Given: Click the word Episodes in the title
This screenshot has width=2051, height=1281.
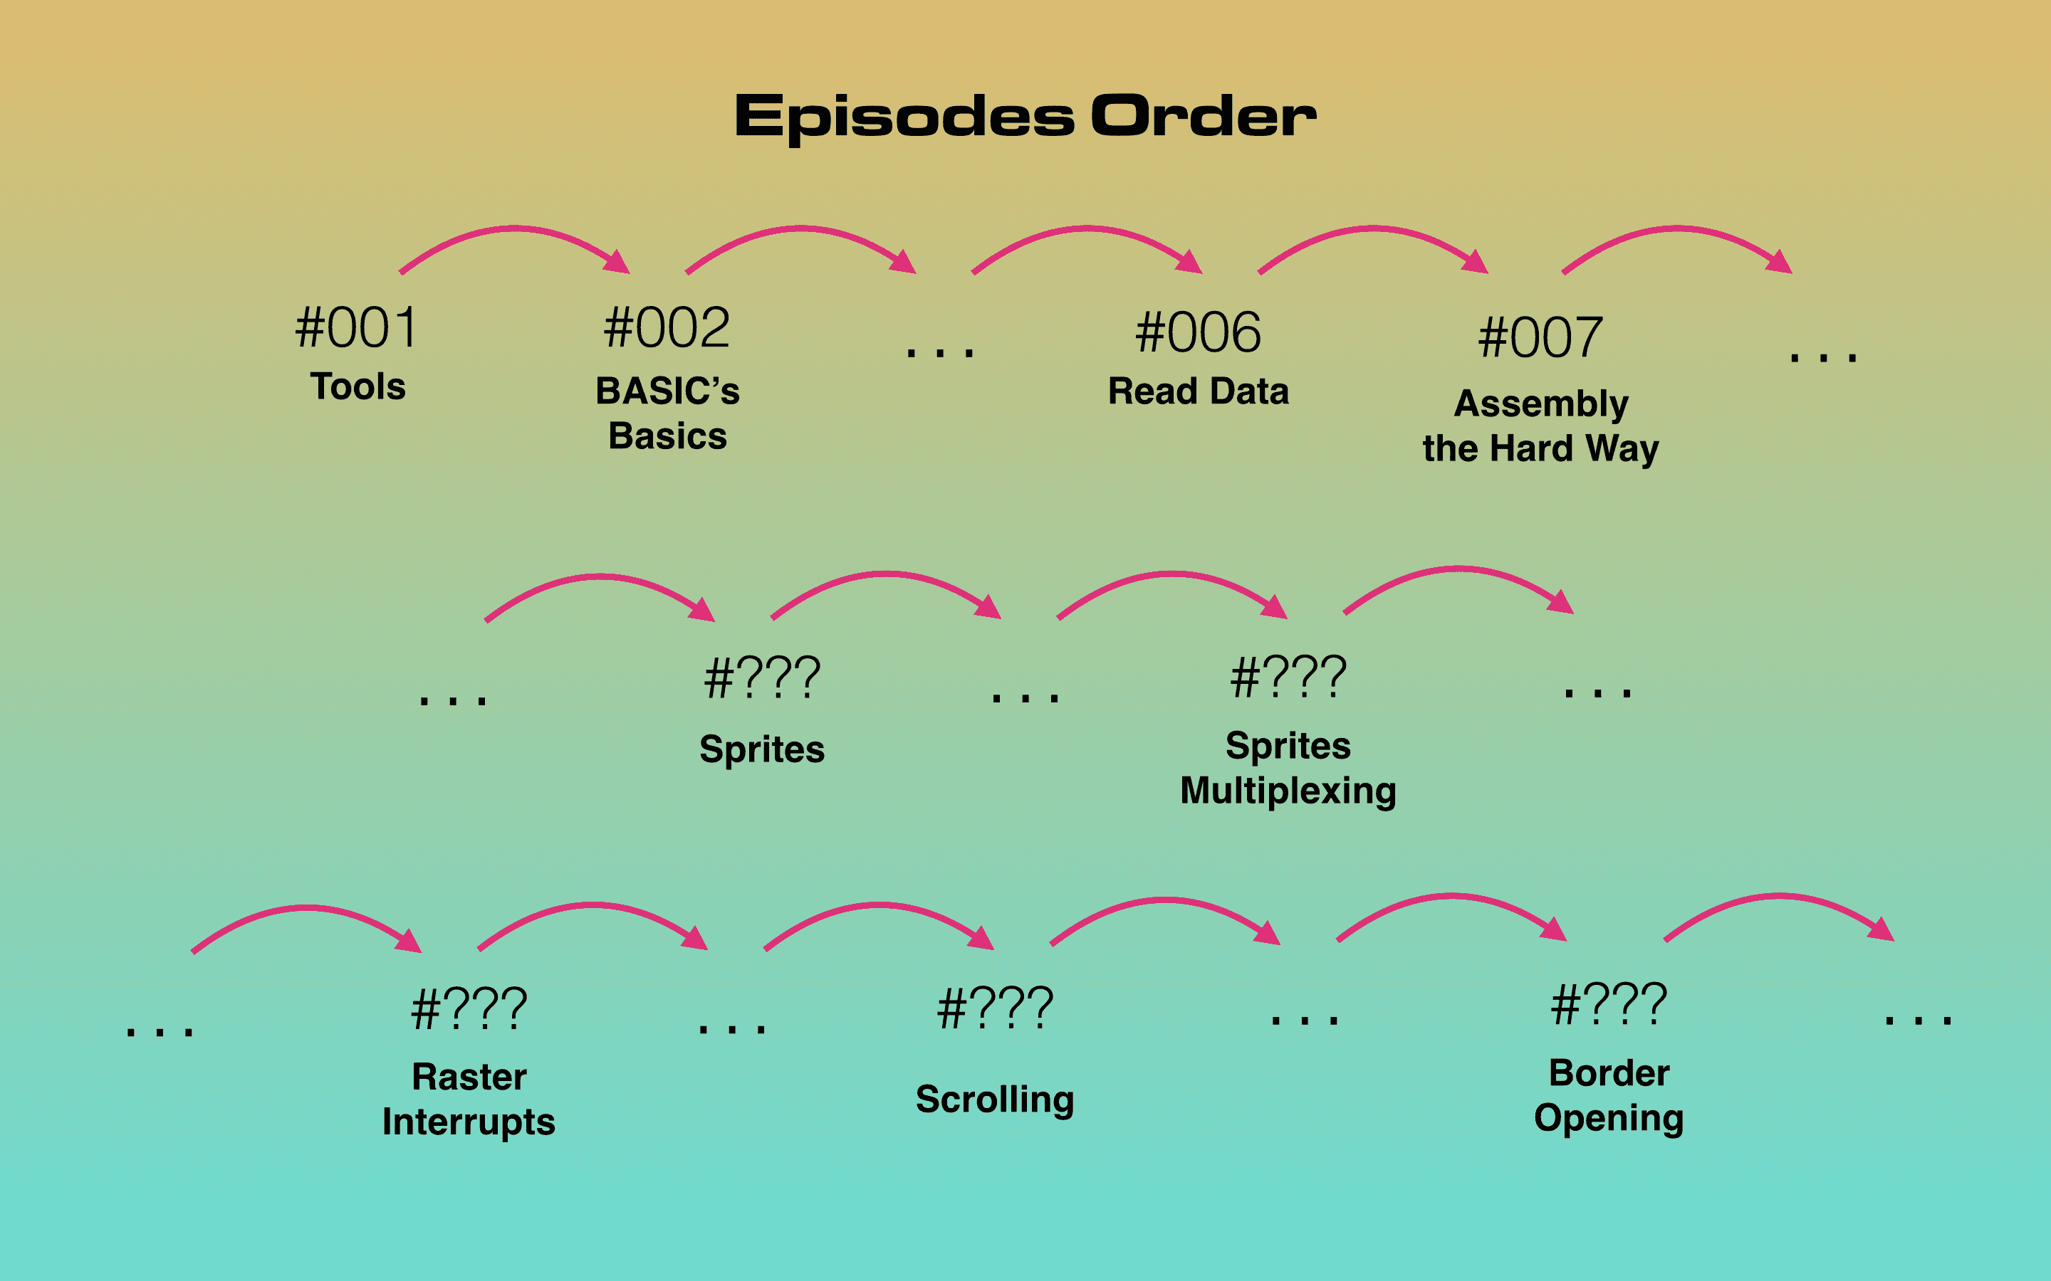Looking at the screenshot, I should (904, 117).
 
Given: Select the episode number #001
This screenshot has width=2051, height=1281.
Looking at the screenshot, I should (357, 329).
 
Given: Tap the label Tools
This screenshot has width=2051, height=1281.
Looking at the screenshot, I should (358, 386).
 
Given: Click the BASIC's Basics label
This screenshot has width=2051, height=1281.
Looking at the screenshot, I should (668, 413).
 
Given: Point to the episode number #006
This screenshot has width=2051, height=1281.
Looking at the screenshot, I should (1199, 332).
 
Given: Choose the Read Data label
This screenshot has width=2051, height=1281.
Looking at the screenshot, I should (1199, 391).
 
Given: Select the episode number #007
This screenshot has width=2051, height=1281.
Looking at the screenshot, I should (1541, 338).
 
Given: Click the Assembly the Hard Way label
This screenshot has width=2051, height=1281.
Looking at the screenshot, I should (1541, 426).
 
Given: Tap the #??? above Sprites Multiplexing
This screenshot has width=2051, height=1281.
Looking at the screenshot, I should (1288, 678).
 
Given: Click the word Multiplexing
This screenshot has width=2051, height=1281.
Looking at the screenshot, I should (1288, 791).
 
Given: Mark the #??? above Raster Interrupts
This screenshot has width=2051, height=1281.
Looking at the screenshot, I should (469, 1010).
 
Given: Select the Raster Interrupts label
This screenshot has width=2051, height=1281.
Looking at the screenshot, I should (469, 1100).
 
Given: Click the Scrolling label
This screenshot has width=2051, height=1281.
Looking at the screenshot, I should (995, 1100).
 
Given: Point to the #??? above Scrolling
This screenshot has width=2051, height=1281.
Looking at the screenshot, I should (995, 1009).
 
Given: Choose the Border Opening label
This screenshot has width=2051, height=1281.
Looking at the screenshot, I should (1609, 1095).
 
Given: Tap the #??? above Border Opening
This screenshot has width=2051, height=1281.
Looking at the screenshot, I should (1609, 1005).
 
